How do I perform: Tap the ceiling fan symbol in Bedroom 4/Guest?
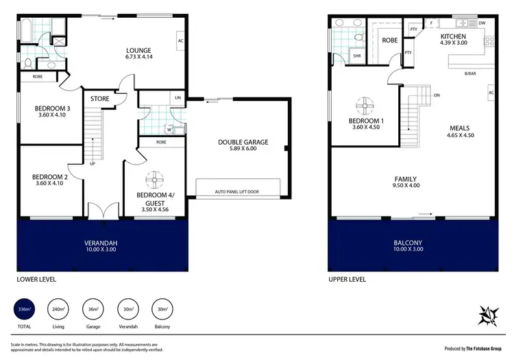(154, 180)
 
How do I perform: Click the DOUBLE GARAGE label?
(243, 143)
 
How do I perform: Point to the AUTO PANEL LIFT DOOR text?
(238, 191)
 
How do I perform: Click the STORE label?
(100, 99)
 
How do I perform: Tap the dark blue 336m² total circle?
(25, 310)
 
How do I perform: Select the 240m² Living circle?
(58, 310)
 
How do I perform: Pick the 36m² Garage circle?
(93, 310)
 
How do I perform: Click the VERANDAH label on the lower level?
(101, 242)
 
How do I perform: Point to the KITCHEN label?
(453, 36)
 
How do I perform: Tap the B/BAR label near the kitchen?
(470, 73)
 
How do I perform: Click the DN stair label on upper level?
(436, 95)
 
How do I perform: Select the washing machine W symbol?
(169, 128)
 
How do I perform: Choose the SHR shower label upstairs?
(356, 56)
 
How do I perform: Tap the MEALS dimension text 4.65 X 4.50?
(459, 136)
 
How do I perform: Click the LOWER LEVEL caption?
(36, 280)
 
